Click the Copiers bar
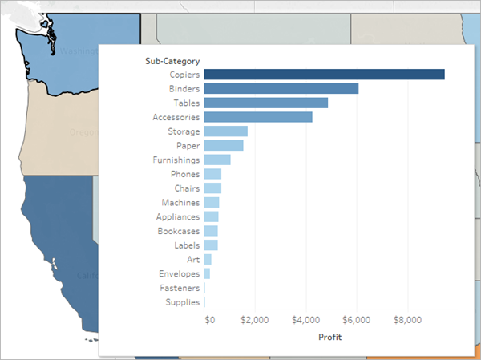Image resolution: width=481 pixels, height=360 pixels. [324, 75]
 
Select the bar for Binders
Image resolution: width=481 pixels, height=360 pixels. [281, 89]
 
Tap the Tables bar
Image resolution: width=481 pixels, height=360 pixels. [265, 103]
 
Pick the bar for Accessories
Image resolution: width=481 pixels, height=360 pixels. [257, 117]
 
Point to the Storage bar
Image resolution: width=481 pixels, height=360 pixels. [225, 131]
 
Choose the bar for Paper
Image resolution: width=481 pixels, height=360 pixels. [223, 146]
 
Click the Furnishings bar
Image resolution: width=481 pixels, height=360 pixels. [216, 160]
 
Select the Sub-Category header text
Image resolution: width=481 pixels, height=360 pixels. [172, 60]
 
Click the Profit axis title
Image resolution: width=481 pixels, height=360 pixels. [329, 338]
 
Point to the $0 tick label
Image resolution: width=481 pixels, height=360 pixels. [210, 320]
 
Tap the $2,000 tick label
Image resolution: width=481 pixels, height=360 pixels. [255, 320]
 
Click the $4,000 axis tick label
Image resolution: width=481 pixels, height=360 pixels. [305, 320]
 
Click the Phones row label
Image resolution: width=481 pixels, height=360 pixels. [185, 174]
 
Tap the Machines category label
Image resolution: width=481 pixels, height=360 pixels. [180, 203]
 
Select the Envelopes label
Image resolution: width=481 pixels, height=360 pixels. [179, 273]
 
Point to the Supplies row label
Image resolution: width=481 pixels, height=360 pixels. [182, 302]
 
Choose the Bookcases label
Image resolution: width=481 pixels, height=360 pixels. [178, 231]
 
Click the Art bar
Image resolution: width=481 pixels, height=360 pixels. [208, 260]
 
